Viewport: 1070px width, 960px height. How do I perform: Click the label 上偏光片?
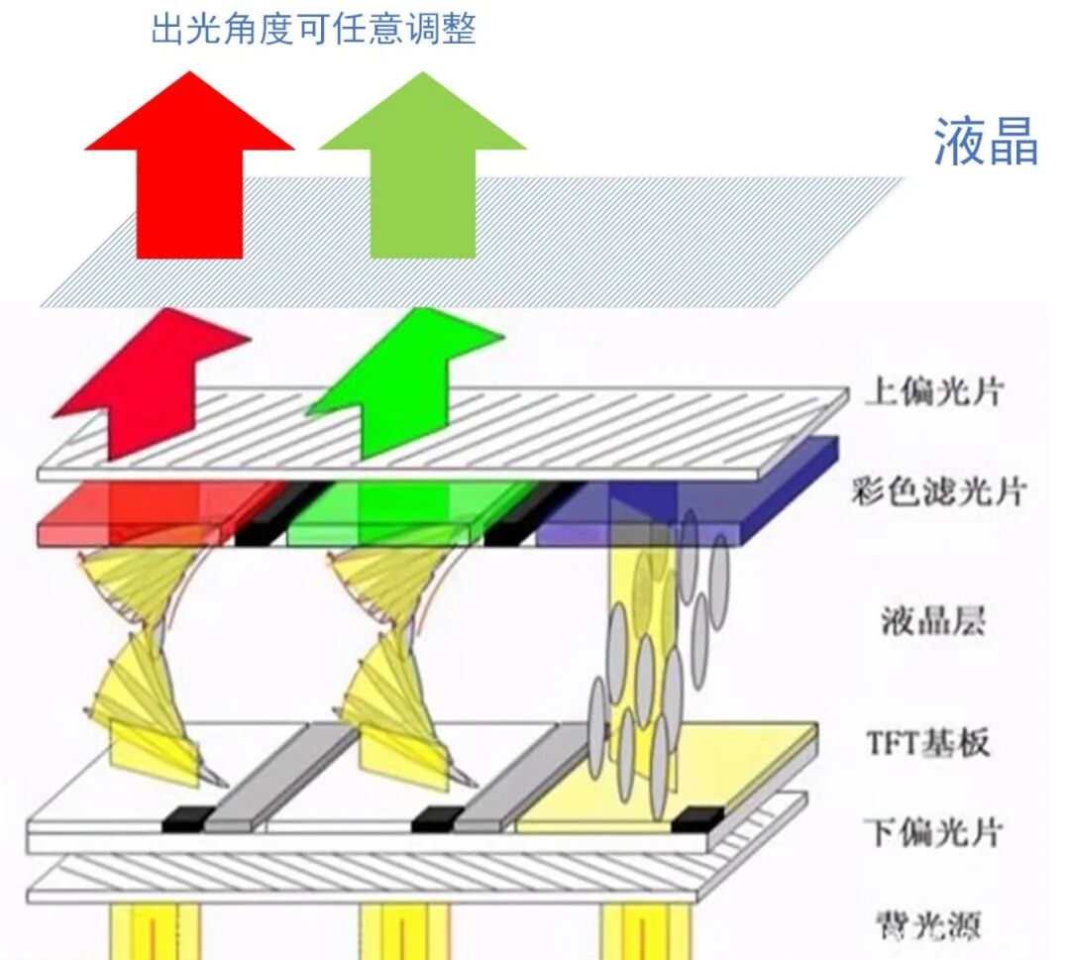tap(933, 392)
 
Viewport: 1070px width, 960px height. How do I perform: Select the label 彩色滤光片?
tap(937, 490)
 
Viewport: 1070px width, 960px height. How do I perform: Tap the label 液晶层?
tap(934, 621)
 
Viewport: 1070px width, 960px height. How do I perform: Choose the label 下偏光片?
tap(932, 831)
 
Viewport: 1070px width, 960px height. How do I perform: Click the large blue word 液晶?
tap(985, 142)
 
